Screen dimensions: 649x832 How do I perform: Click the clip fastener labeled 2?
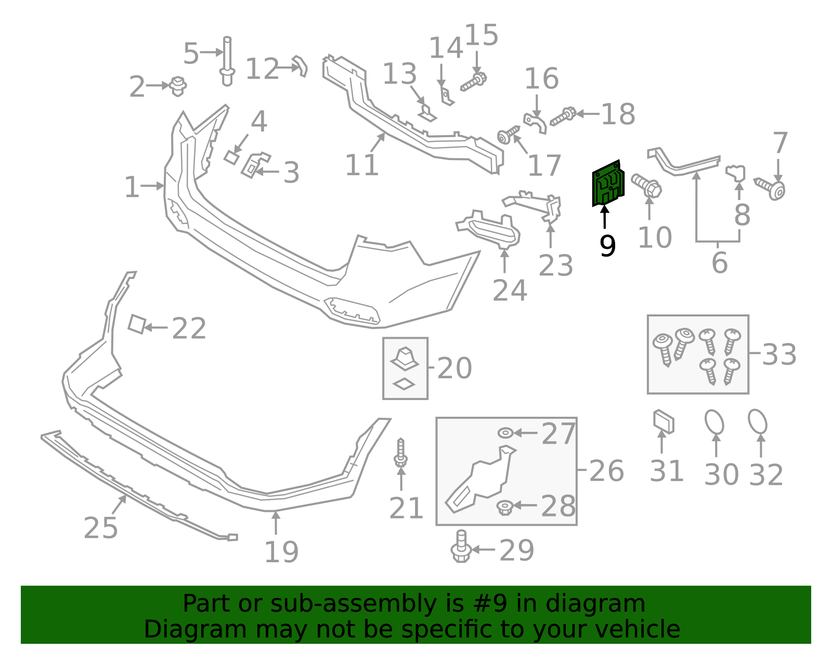[x=178, y=86]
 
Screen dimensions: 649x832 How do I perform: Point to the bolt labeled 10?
[x=646, y=185]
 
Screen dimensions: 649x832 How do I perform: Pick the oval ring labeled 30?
[x=714, y=422]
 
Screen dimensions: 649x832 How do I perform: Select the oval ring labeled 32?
[x=758, y=421]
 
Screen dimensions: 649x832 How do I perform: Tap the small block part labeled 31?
[x=664, y=421]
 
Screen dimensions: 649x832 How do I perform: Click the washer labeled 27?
[x=505, y=433]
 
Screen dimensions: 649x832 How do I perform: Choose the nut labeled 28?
[x=504, y=507]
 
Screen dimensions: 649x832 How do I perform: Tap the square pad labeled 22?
[x=136, y=324]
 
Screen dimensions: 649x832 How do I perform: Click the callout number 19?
[x=281, y=552]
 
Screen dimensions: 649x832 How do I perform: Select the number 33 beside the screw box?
[x=779, y=355]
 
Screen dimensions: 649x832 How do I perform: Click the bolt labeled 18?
[x=563, y=116]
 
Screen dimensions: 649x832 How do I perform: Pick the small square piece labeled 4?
[x=231, y=157]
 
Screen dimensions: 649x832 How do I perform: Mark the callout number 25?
[x=101, y=528]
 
